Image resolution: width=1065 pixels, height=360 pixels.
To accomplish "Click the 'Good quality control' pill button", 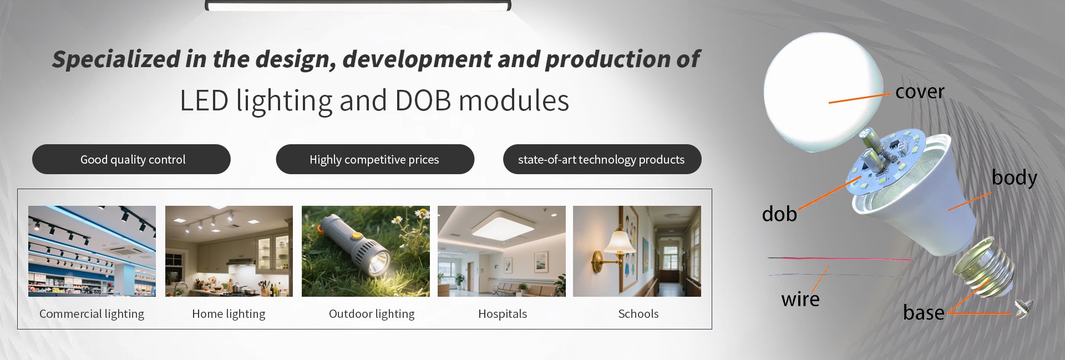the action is point(131,159).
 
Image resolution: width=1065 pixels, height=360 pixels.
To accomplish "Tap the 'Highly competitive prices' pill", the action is point(375,159).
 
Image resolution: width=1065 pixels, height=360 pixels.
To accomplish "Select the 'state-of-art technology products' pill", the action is point(602,159).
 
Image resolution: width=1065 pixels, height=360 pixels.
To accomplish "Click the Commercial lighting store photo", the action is point(92,251).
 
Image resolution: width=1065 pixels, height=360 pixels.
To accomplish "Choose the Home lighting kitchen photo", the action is point(229,251).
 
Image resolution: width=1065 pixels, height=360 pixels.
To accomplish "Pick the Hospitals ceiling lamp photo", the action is point(501,251).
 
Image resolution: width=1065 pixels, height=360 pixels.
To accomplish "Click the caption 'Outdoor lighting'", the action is point(372,314).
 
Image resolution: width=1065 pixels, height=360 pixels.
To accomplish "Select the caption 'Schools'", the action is point(638,314).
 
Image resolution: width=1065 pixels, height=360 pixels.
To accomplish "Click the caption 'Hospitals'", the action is point(503,314).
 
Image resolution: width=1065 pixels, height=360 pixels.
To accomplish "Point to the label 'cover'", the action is point(920,92).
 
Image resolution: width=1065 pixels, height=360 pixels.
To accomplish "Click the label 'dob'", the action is point(779,214).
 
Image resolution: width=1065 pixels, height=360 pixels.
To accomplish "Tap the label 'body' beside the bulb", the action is point(1015,178).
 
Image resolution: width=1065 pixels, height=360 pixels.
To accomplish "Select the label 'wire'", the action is point(800,299).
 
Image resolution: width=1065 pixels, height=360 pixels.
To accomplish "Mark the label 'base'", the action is point(924,312).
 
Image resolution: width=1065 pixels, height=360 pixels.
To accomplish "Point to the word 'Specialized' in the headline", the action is point(116,59).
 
